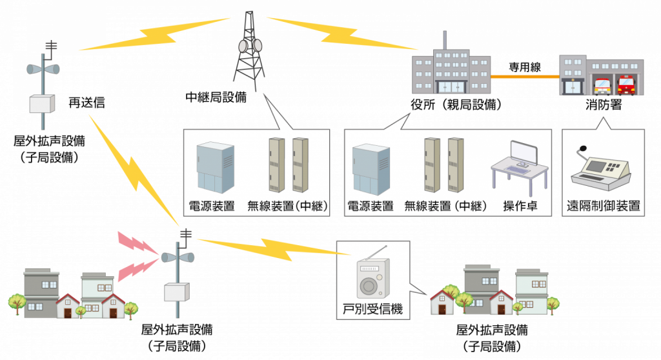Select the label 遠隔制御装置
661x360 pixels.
tap(603, 207)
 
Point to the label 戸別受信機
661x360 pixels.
tap(372, 309)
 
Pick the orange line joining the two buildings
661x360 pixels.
tap(524, 76)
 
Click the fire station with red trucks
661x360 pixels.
tap(600, 75)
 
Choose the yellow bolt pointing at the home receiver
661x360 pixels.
tap(271, 248)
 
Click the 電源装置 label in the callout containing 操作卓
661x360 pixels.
tap(371, 207)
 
